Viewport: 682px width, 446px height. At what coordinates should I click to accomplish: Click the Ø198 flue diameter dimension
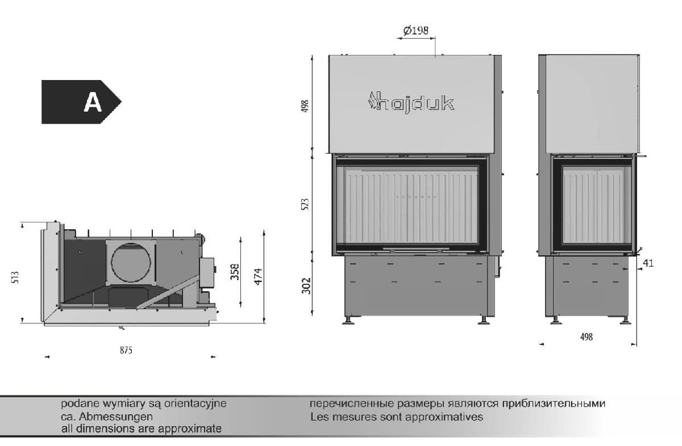pos(415,31)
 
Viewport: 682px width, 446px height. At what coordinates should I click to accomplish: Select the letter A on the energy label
pos(93,102)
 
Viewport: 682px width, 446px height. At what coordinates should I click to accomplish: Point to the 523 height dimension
pos(305,204)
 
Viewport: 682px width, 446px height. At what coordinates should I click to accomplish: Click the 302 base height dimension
pos(306,286)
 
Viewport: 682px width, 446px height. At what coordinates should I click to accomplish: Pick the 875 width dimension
pos(126,351)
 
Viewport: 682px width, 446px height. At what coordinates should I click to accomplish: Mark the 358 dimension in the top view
pos(235,272)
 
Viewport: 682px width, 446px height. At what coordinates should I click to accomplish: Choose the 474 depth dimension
pos(258,276)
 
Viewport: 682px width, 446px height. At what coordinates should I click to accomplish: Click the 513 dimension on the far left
pos(15,277)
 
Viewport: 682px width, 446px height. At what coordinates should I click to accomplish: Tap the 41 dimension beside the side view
pos(648,263)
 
